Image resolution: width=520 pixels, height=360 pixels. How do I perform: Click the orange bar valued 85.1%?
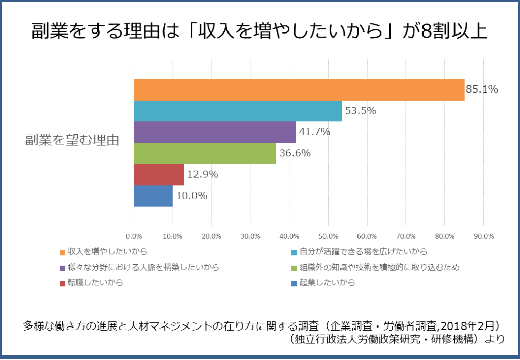tap(299, 90)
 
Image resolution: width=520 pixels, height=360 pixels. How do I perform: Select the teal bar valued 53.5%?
tap(238, 111)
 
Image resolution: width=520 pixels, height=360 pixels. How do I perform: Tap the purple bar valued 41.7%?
tap(214, 132)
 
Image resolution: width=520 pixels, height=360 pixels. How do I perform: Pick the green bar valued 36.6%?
tap(205, 153)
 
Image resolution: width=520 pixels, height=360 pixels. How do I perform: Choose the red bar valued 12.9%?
tap(158, 175)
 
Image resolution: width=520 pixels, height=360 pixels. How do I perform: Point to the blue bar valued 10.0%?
tap(153, 196)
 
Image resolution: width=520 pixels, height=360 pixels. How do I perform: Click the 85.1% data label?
tap(482, 89)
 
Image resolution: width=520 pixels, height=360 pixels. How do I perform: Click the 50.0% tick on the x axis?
tap(328, 236)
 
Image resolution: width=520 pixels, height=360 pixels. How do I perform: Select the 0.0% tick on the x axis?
tap(134, 236)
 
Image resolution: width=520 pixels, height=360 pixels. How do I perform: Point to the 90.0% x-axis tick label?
tap(483, 236)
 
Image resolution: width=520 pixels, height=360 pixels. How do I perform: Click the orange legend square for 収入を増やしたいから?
tap(62, 252)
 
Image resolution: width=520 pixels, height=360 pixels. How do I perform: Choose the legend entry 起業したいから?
tap(327, 283)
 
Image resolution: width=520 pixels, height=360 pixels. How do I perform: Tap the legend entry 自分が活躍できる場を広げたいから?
tap(363, 251)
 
